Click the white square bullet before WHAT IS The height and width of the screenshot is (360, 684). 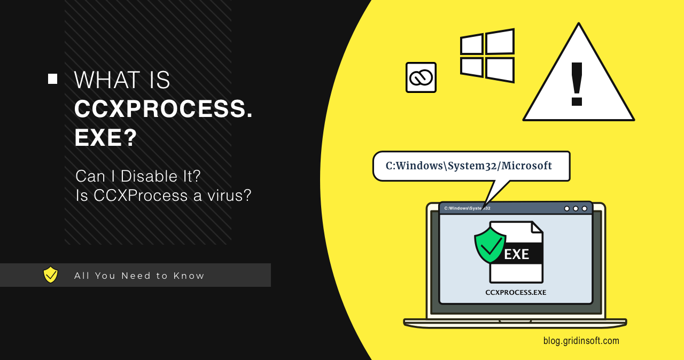52,79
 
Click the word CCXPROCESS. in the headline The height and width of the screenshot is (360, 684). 164,109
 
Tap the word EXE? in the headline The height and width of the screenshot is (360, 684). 106,138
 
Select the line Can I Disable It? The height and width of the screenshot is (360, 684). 138,176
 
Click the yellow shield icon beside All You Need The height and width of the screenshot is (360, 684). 51,275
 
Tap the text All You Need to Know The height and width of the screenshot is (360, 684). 139,276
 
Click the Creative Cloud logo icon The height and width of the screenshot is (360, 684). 421,78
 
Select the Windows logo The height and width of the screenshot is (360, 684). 487,56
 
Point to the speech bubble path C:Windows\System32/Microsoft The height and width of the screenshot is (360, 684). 469,166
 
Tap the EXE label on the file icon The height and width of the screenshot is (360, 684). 517,254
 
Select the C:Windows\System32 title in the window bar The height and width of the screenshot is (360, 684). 467,208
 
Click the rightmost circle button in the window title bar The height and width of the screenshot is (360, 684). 584,208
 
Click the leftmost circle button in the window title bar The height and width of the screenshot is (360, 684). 566,208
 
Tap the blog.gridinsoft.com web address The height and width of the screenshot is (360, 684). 581,340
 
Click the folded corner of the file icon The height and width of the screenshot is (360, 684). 537,227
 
